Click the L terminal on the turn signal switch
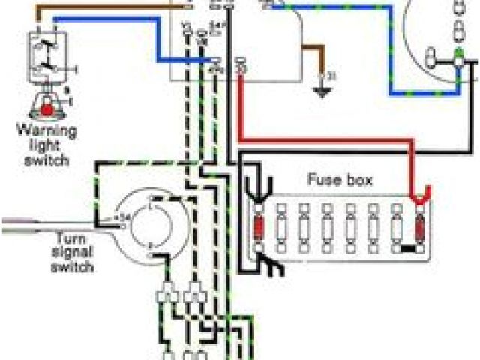pyautogui.click(x=154, y=201)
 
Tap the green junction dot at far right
pyautogui.click(x=457, y=55)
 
